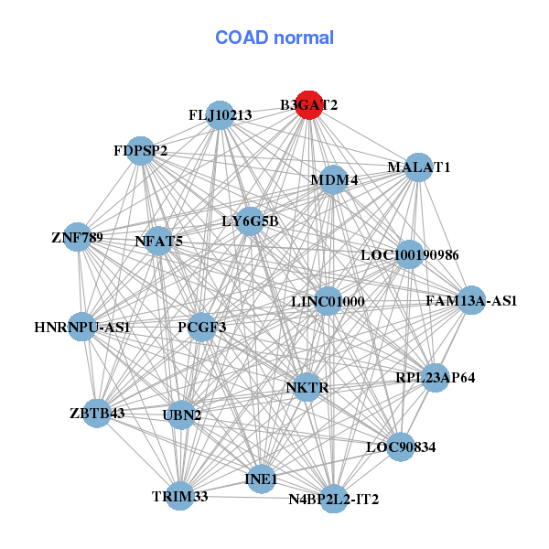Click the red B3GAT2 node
pos(309,105)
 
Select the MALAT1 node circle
pos(418,167)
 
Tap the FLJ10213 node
pos(220,115)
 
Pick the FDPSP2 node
pos(141,150)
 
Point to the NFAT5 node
pos(159,242)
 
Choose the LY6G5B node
pos(250,221)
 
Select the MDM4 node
pos(334,179)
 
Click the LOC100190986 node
pos(409,254)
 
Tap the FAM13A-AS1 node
pos(471,300)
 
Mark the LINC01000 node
pos(328,301)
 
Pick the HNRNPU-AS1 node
pos(82,327)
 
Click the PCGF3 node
pos(202,327)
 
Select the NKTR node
pos(307,387)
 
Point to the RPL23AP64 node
pos(435,377)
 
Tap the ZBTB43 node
pos(99,413)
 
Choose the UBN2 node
pos(181,414)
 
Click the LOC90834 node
pos(400,447)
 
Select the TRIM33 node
pos(180,496)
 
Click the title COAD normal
pos(274,38)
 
